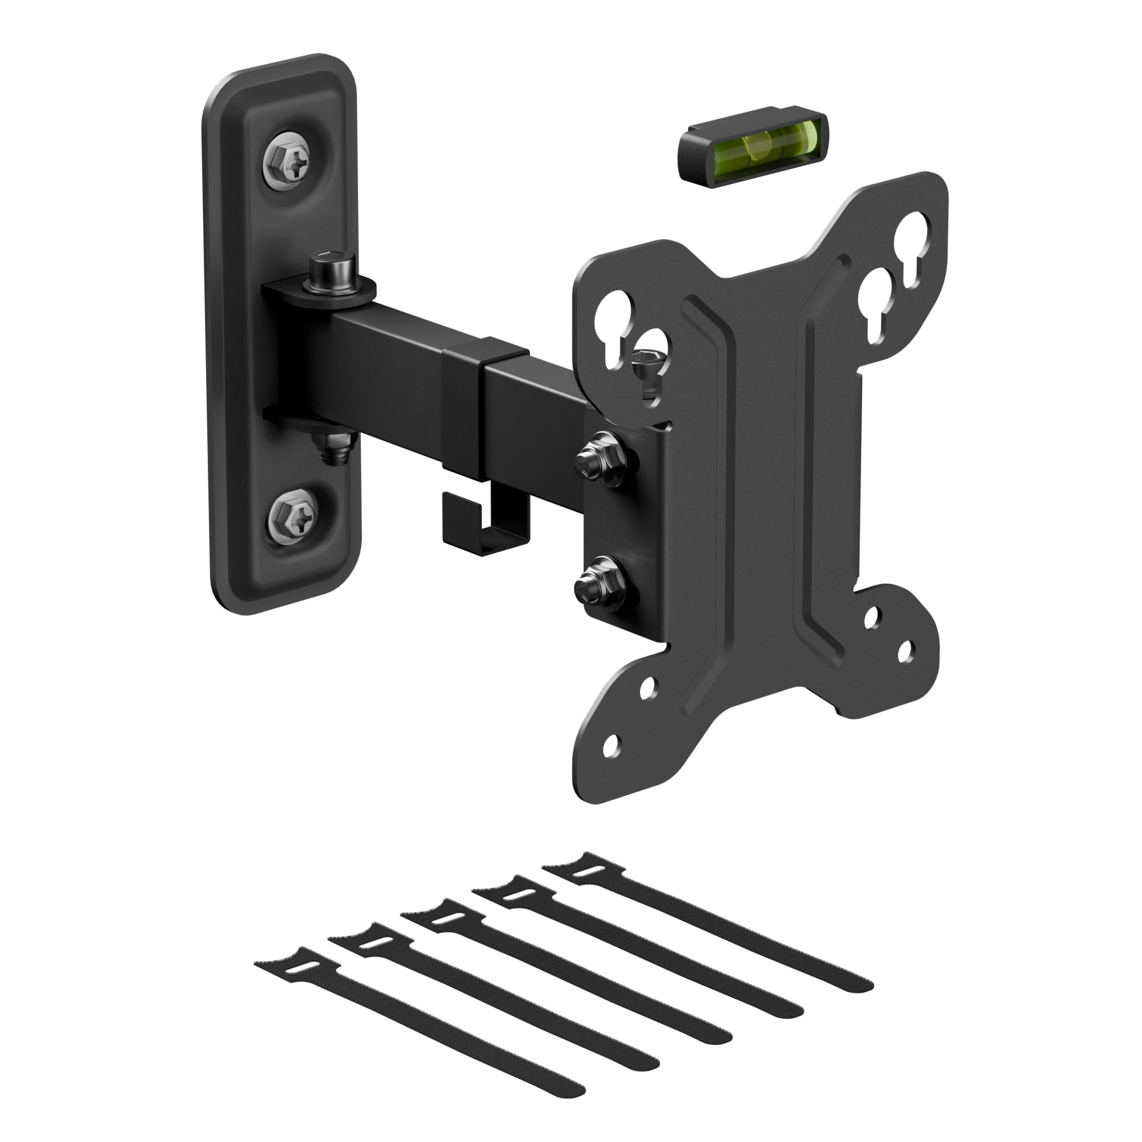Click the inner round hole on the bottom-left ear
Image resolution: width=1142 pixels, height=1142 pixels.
pos(648,687)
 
